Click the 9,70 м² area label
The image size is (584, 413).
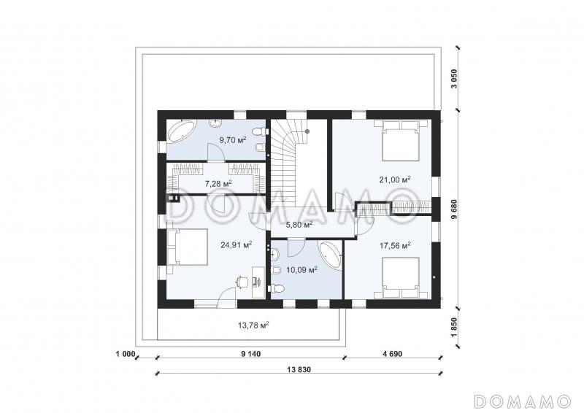[233, 140]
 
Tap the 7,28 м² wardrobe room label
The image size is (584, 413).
[218, 183]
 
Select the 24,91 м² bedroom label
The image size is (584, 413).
[237, 244]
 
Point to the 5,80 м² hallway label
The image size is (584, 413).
[299, 225]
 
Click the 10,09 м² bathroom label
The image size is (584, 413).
[301, 269]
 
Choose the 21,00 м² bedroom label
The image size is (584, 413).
[395, 180]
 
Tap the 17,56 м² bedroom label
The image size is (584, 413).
[395, 245]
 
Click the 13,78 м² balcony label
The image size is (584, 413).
[253, 325]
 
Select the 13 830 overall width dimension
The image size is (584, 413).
[299, 370]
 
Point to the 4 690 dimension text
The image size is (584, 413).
[393, 354]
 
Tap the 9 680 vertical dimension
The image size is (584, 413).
[453, 211]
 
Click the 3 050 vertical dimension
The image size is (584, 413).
[453, 79]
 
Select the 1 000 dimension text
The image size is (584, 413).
[124, 354]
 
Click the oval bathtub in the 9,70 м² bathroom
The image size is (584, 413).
[181, 131]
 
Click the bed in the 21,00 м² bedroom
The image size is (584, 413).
[401, 139]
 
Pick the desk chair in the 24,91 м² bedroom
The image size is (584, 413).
[242, 281]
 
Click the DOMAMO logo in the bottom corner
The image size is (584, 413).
[522, 401]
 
